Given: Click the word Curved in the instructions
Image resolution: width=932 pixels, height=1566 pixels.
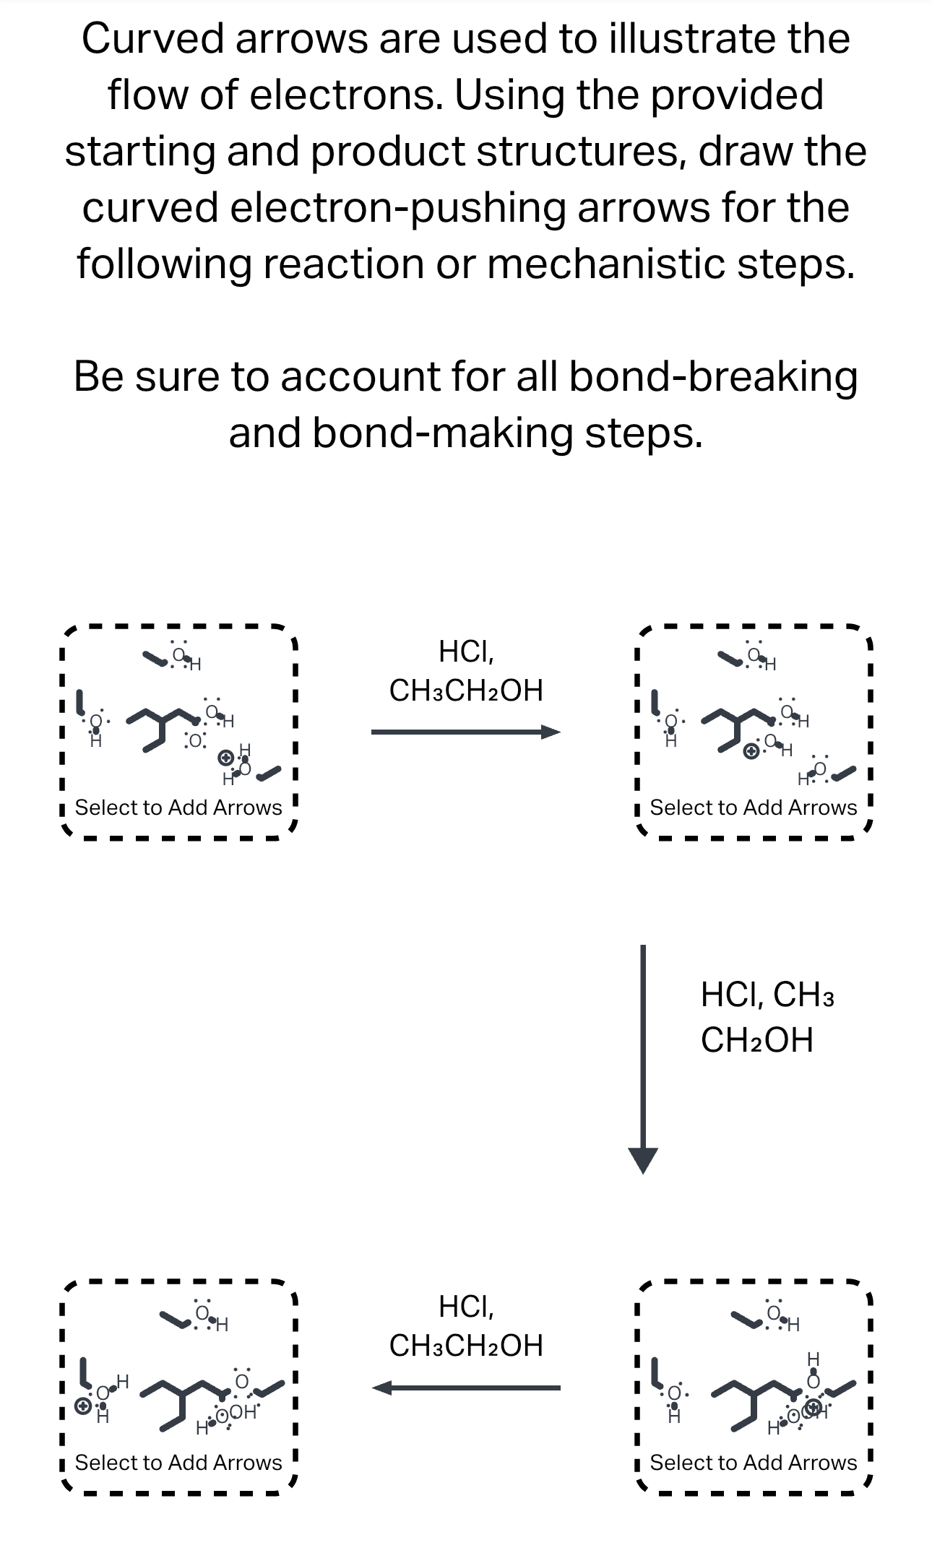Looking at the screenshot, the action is [x=152, y=39].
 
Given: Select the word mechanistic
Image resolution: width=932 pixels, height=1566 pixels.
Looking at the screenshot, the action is [x=605, y=264].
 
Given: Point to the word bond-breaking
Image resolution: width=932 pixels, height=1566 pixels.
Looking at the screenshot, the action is [x=712, y=377].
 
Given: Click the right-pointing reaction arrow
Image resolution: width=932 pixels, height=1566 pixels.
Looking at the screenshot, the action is [x=465, y=732].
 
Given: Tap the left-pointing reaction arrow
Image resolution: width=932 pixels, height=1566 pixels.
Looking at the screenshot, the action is [x=465, y=1388].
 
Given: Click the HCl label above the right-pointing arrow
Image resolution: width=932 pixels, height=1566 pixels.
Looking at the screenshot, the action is [x=466, y=652].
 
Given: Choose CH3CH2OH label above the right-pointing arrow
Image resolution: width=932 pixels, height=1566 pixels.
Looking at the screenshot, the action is [x=466, y=691].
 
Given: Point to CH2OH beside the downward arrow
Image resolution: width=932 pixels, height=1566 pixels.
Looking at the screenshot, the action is [x=756, y=1040].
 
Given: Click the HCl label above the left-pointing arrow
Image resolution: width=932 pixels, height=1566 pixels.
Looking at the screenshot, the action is [x=466, y=1307].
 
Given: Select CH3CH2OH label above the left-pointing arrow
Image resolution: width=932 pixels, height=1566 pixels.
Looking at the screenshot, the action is [x=466, y=1346].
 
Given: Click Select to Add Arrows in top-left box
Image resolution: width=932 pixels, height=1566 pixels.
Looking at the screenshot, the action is [x=178, y=808].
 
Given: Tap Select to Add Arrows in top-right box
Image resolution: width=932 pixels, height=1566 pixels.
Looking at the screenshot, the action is [x=754, y=808].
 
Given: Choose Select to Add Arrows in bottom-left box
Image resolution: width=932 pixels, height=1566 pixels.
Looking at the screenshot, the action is [x=178, y=1463].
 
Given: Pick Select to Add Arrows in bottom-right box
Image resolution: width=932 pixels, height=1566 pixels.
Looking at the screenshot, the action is [x=754, y=1463].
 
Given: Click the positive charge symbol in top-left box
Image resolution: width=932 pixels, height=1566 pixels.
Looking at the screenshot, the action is [x=226, y=758].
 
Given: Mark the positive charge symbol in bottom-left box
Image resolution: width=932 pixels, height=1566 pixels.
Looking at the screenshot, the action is [x=83, y=1406].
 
